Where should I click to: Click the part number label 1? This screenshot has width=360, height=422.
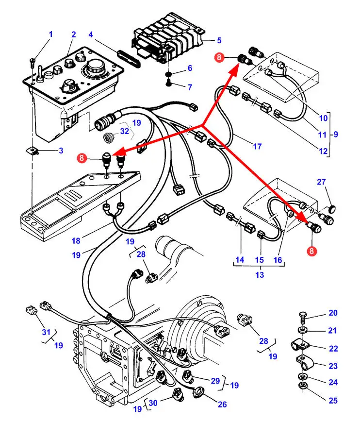[x=50, y=34]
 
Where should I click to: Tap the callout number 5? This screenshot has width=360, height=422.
[x=219, y=40]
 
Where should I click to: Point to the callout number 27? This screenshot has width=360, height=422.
[x=322, y=182]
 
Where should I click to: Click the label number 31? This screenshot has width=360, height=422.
[x=46, y=332]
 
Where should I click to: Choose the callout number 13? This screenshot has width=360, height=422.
[x=260, y=275]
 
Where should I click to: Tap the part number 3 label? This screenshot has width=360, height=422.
[x=61, y=151]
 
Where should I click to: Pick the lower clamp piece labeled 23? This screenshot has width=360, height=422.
[x=306, y=362]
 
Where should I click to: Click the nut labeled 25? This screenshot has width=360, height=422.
[x=303, y=386]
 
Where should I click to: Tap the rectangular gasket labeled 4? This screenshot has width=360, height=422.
[x=129, y=57]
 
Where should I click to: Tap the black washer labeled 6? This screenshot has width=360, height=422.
[x=168, y=74]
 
